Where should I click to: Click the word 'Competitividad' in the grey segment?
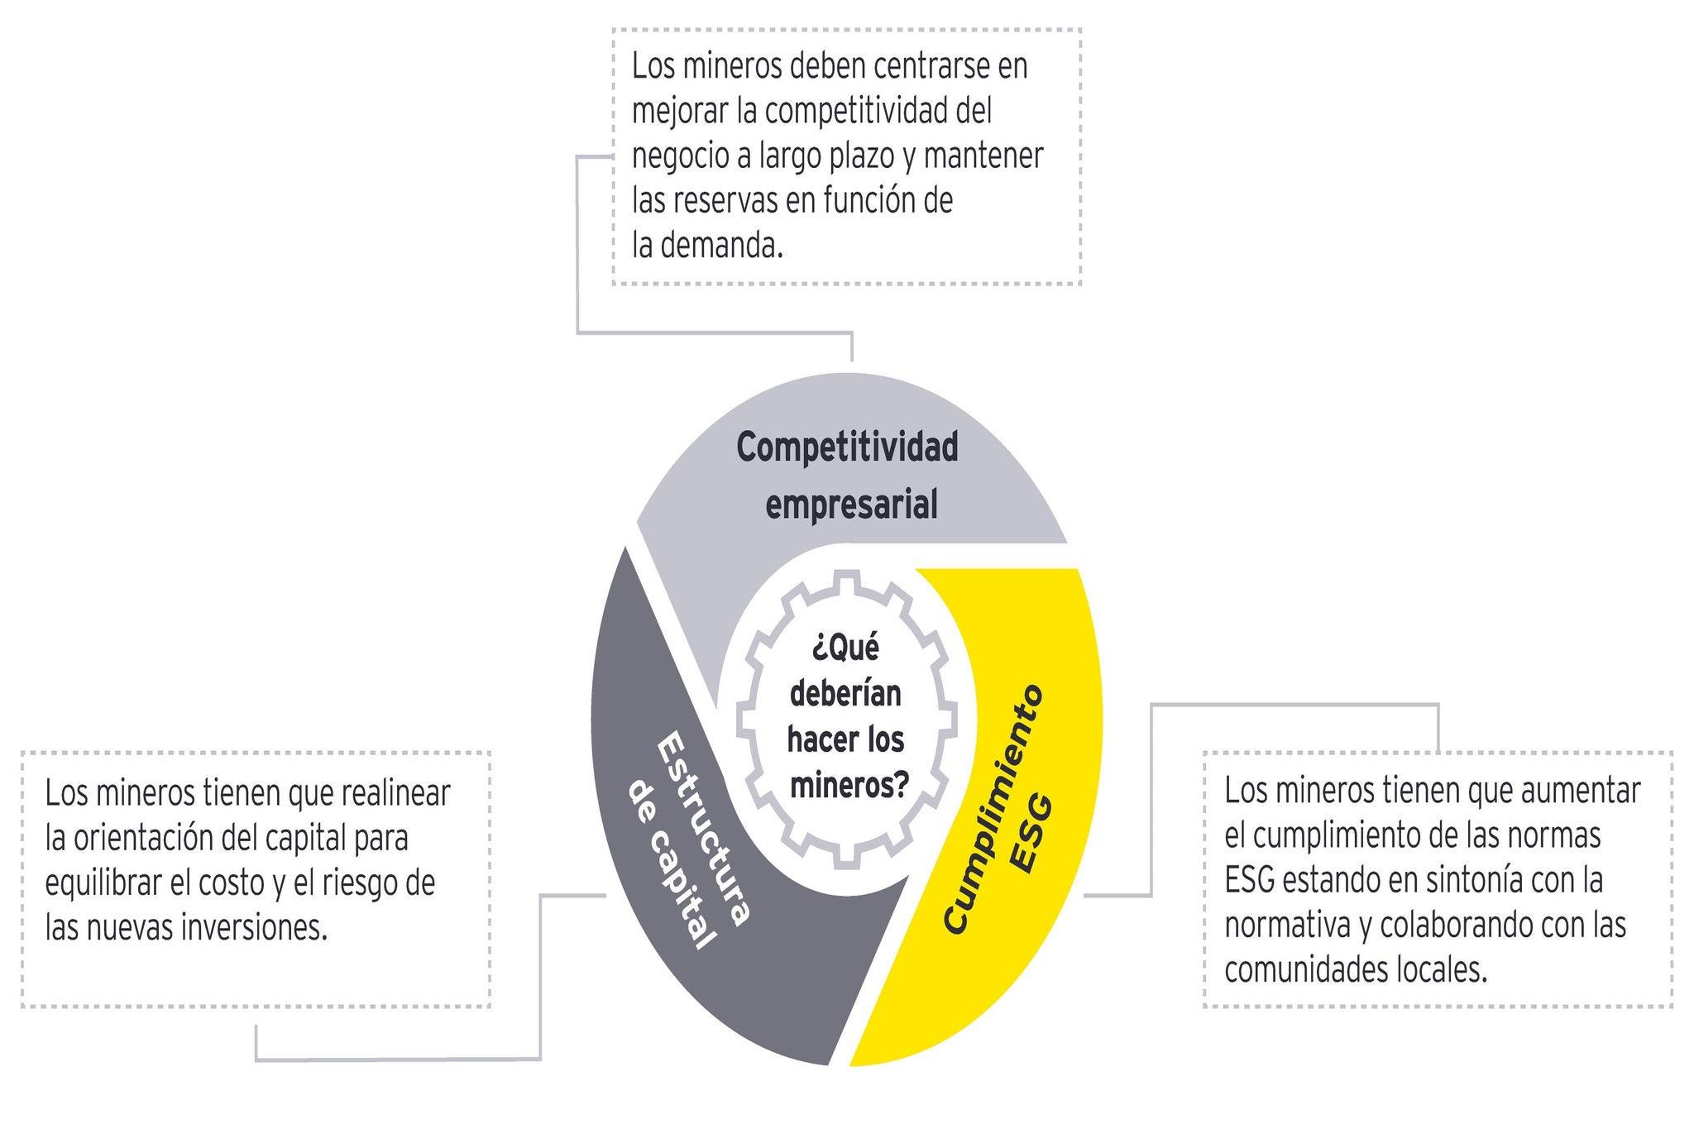pos(847,447)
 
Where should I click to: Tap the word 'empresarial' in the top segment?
pos(851,504)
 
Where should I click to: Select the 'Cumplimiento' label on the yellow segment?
pos(994,810)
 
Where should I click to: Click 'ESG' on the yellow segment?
pos(1033,834)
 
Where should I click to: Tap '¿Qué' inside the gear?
pos(845,648)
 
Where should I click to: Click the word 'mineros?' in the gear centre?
pos(849,784)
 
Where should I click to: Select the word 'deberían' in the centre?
pos(845,693)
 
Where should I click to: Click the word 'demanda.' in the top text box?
pos(721,246)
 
